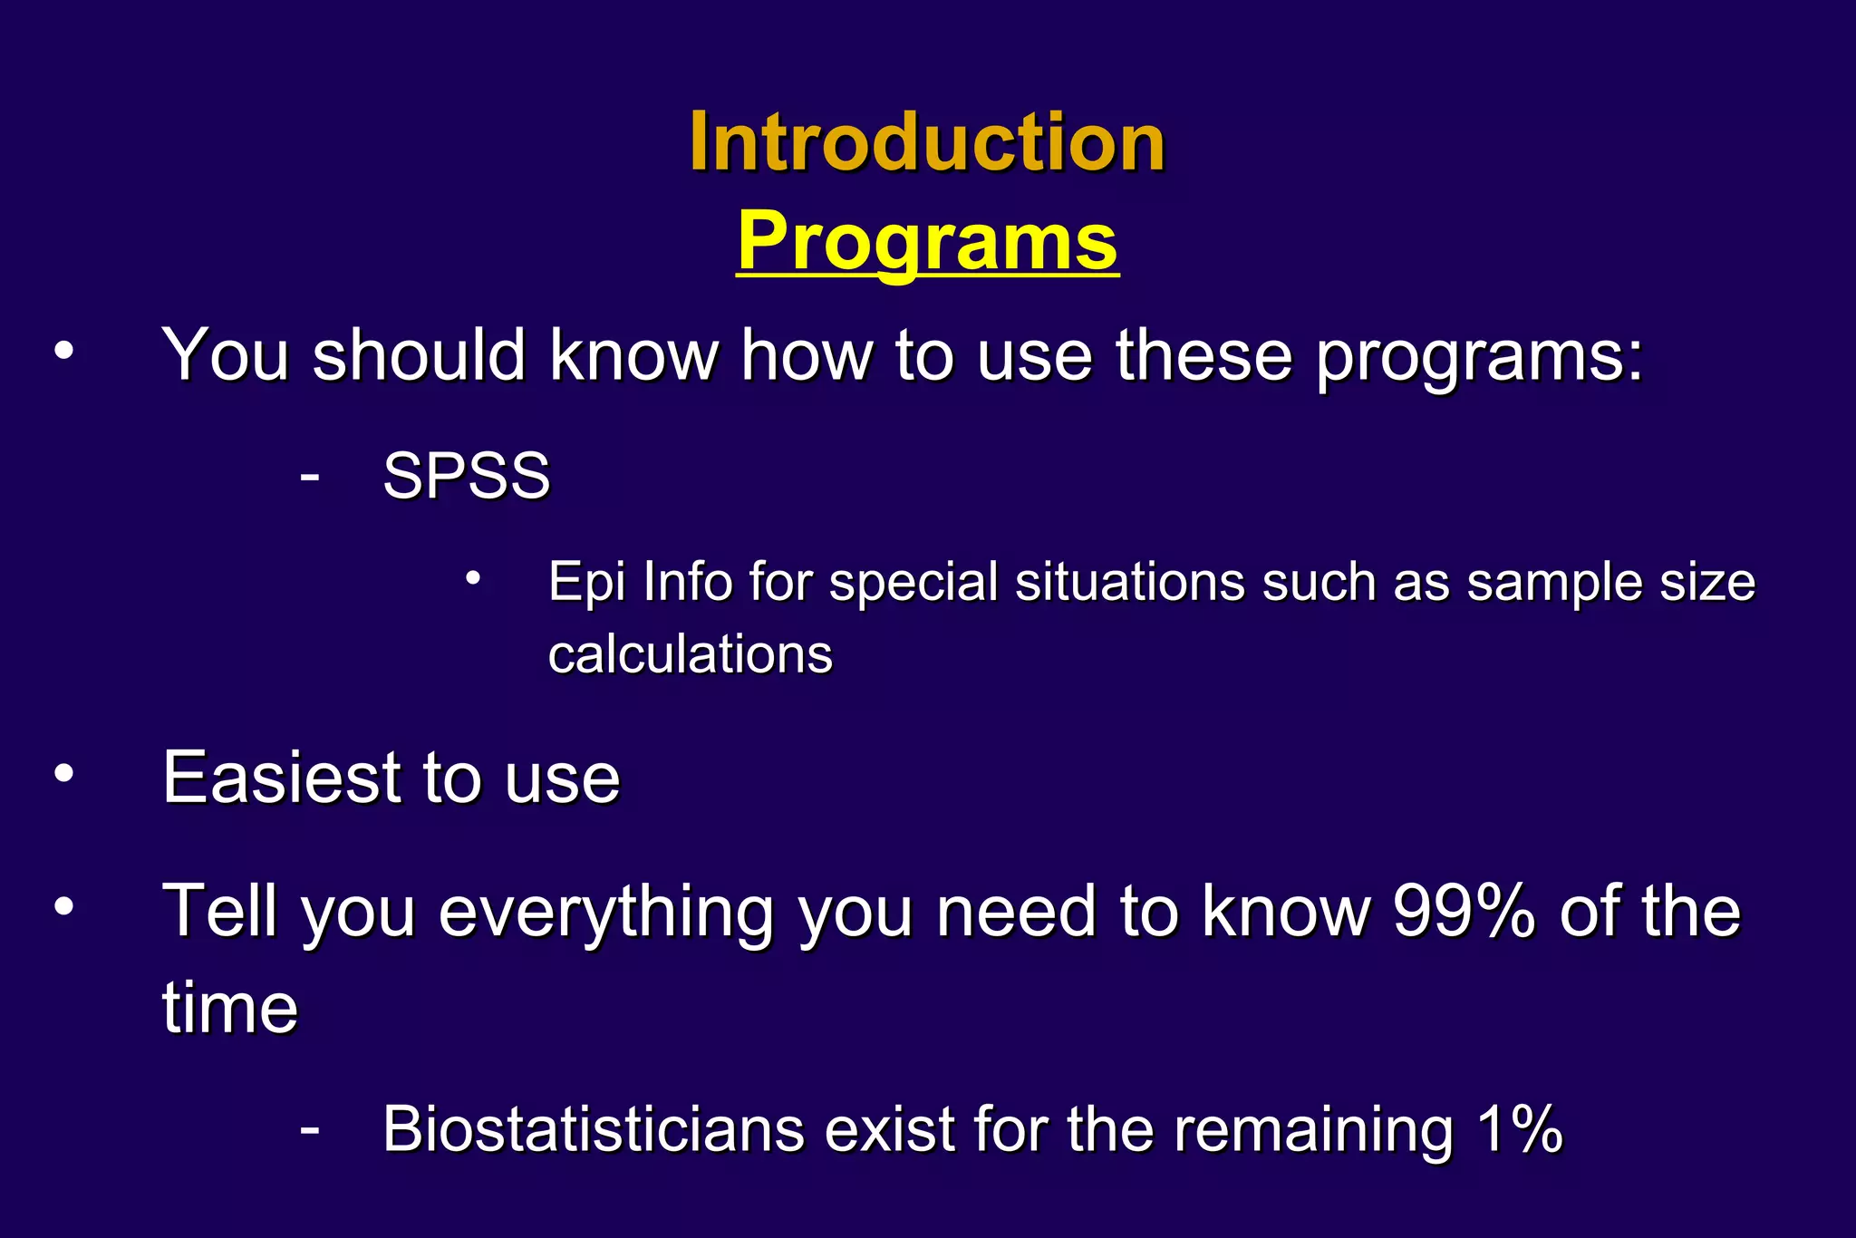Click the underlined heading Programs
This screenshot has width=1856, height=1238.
pyautogui.click(x=927, y=240)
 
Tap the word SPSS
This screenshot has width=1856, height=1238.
pyautogui.click(x=466, y=475)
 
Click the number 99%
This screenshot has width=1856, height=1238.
pyautogui.click(x=1463, y=911)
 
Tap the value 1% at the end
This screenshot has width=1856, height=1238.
pyautogui.click(x=1519, y=1129)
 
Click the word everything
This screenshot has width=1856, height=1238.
pyautogui.click(x=606, y=913)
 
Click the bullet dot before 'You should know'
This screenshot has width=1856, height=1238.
pyautogui.click(x=63, y=352)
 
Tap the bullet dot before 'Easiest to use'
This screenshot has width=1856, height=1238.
pyautogui.click(x=63, y=773)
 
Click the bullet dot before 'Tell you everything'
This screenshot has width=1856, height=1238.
pyautogui.click(x=63, y=906)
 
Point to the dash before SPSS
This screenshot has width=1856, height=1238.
pyautogui.click(x=309, y=476)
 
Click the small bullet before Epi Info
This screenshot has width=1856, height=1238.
pyautogui.click(x=472, y=576)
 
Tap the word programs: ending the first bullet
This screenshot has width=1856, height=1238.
pyautogui.click(x=1479, y=355)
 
